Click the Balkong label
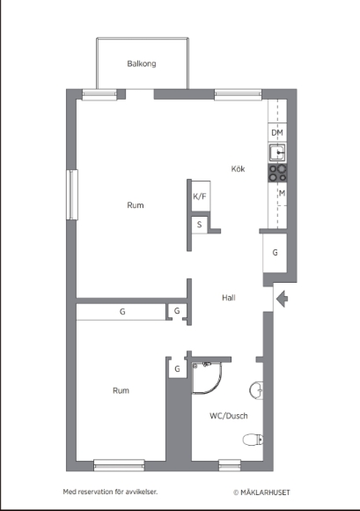[x=142, y=63]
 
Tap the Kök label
[x=238, y=169]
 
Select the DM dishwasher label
[x=277, y=133]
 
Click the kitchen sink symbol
[x=277, y=152]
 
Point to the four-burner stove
[x=277, y=173]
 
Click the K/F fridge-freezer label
[x=200, y=196]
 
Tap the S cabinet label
[x=199, y=225]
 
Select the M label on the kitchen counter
[x=282, y=193]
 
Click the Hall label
[x=229, y=298]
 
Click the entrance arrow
[x=282, y=299]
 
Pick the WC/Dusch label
[x=229, y=416]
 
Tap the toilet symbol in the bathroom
[x=253, y=440]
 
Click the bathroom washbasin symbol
[x=256, y=390]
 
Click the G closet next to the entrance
[x=275, y=253]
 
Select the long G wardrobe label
[x=122, y=312]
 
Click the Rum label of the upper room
[x=136, y=205]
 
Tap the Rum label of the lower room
[x=121, y=390]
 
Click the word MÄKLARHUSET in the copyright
[x=265, y=492]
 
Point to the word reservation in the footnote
[x=94, y=492]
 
